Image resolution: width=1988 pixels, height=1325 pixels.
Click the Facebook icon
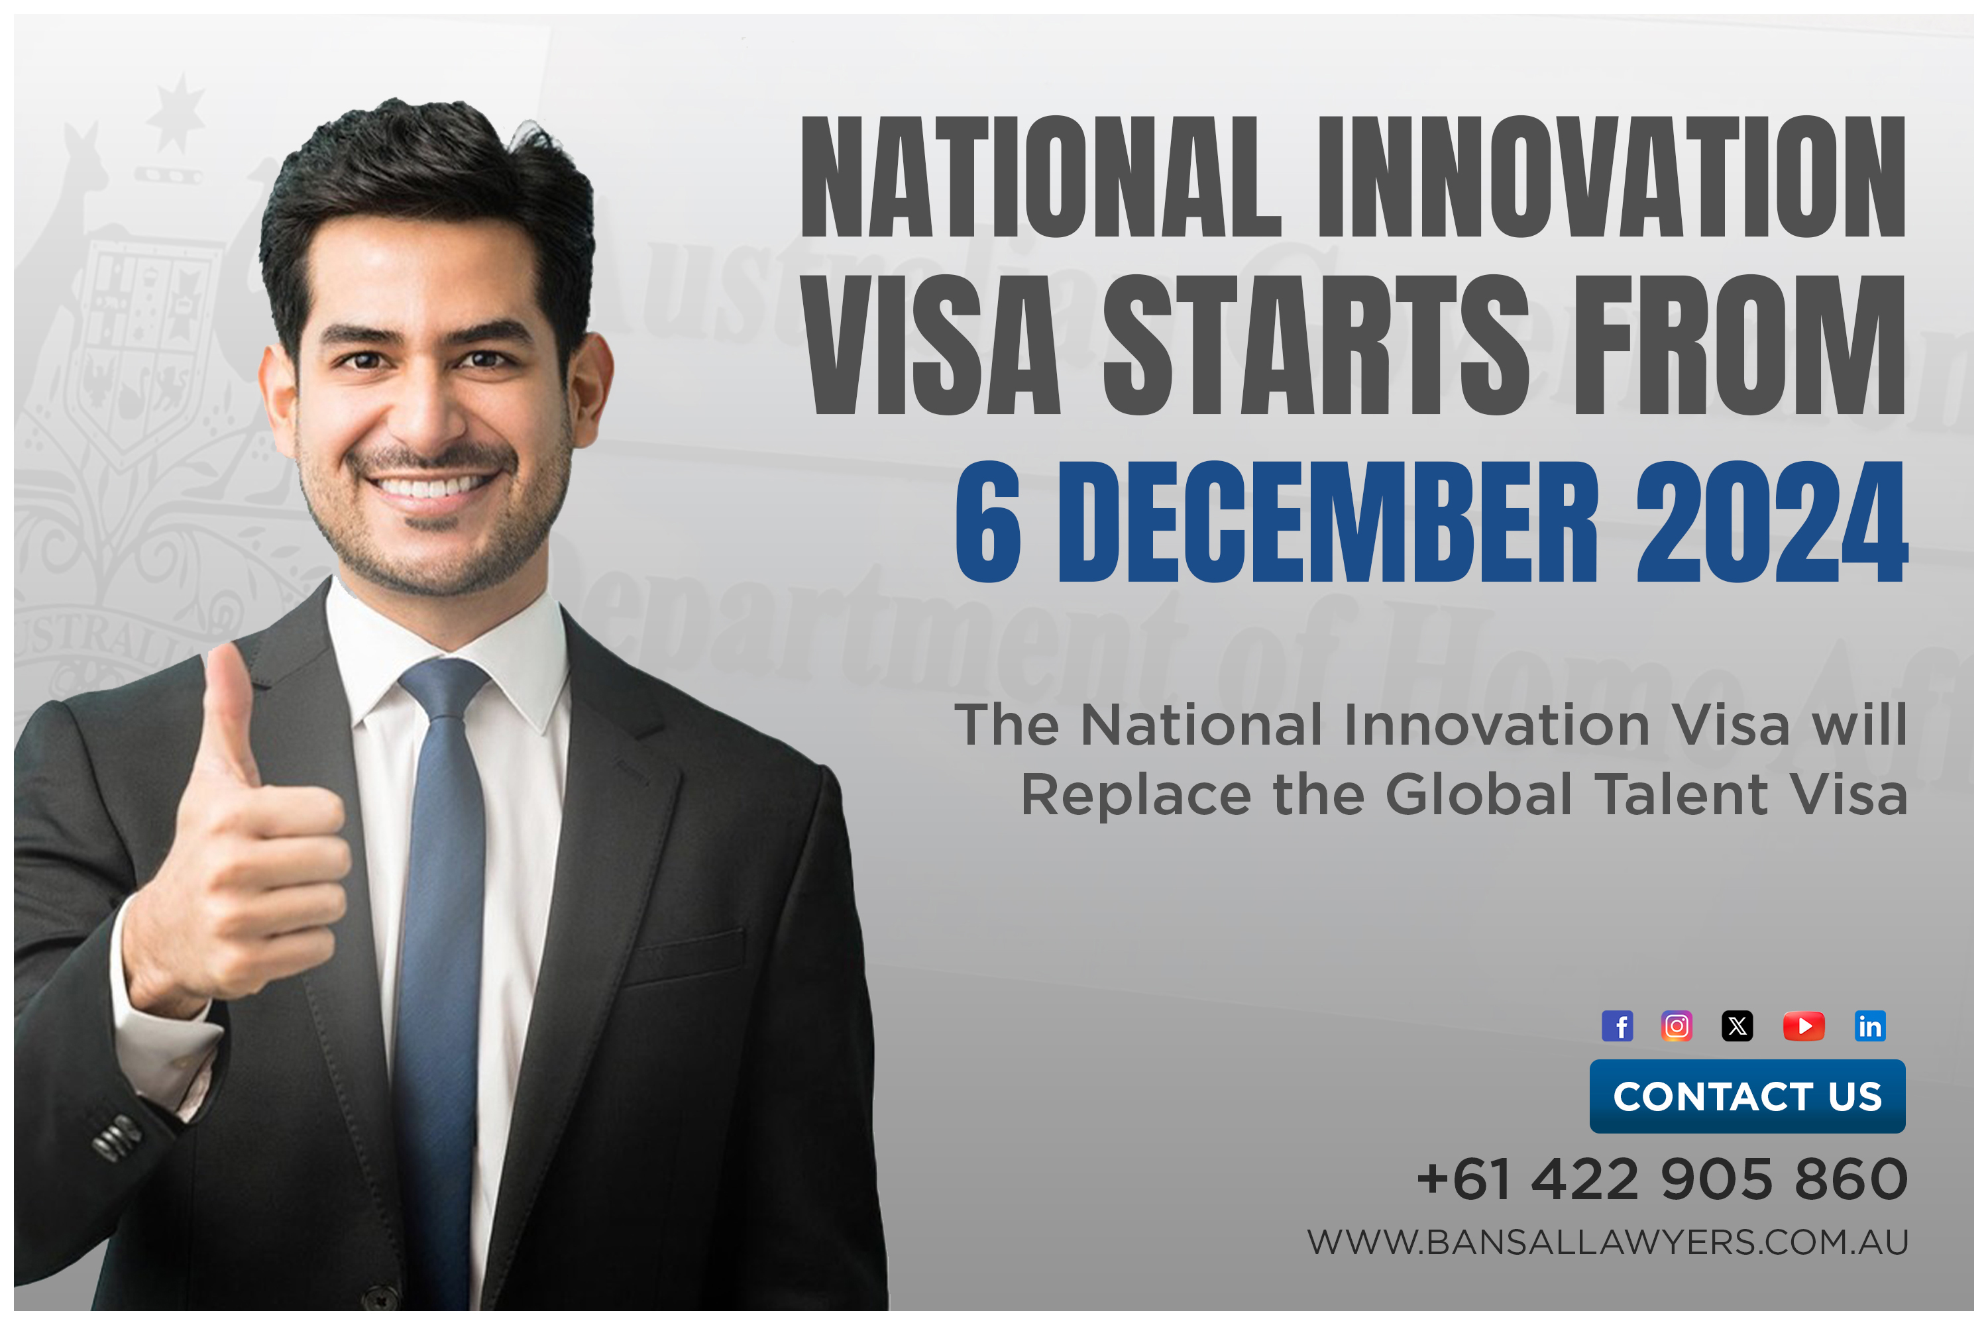pyautogui.click(x=1617, y=1026)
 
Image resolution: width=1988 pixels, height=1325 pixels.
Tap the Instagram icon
pyautogui.click(x=1676, y=1026)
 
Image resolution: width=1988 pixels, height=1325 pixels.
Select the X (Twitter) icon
pyautogui.click(x=1737, y=1026)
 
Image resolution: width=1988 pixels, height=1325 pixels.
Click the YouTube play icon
pyautogui.click(x=1804, y=1026)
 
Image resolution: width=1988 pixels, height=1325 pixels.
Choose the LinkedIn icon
pyautogui.click(x=1869, y=1026)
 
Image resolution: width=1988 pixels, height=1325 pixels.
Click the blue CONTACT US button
pyautogui.click(x=1747, y=1096)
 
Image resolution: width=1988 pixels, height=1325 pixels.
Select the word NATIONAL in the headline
pyautogui.click(x=1040, y=178)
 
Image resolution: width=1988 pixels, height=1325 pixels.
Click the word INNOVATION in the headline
pyautogui.click(x=1611, y=178)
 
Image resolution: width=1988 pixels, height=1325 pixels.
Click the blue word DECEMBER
pyautogui.click(x=1328, y=521)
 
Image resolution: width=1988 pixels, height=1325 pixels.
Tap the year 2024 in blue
pyautogui.click(x=1771, y=521)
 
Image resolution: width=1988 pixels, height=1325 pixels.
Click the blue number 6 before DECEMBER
pyautogui.click(x=988, y=521)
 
